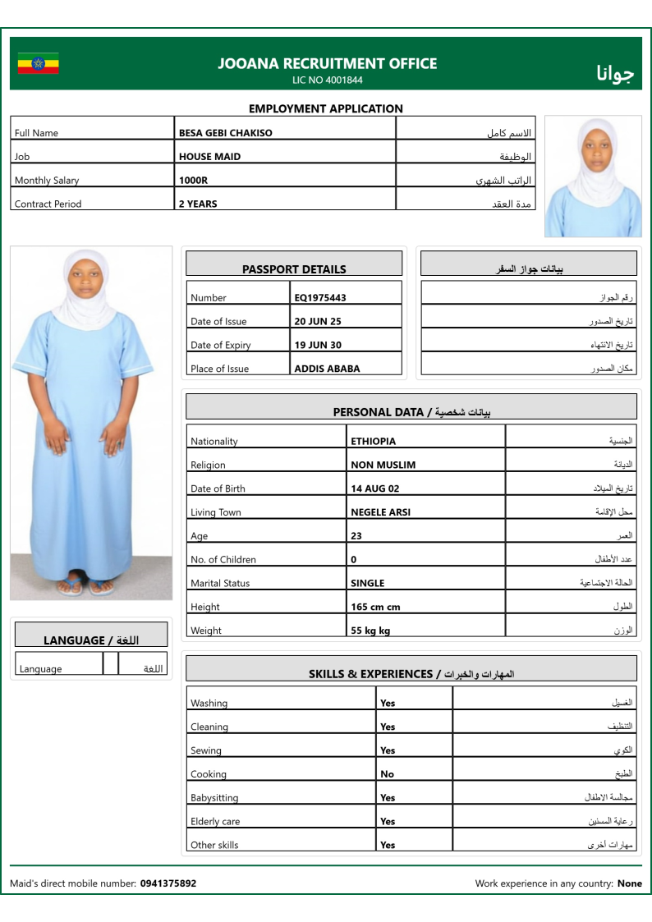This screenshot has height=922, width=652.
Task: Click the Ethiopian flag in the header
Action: point(39,63)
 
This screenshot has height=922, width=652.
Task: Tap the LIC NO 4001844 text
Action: point(327,80)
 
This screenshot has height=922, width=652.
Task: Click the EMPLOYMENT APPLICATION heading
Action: point(326,108)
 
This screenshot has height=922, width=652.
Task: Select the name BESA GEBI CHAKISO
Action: point(226,133)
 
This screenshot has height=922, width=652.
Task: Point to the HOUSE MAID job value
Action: point(209,157)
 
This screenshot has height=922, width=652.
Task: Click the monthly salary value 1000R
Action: point(192,181)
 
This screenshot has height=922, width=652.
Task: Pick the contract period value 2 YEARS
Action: point(198,204)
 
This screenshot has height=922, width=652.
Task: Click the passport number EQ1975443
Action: point(320,298)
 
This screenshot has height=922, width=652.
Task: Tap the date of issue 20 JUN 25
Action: point(318,322)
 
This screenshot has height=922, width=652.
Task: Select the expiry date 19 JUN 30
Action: point(318,346)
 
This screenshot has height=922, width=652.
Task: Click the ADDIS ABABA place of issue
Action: point(327,369)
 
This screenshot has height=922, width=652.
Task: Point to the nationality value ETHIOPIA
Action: point(373,442)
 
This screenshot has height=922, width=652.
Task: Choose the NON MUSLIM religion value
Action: point(383,466)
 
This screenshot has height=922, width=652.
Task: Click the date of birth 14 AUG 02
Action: point(374,489)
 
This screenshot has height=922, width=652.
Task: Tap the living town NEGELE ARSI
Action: point(380,512)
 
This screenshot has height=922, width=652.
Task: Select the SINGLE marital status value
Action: point(367,584)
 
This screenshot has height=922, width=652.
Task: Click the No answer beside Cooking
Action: point(387,774)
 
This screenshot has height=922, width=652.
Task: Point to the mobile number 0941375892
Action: point(168,884)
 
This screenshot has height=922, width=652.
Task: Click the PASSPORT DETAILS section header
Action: point(294,269)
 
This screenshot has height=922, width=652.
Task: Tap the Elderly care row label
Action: point(215,822)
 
